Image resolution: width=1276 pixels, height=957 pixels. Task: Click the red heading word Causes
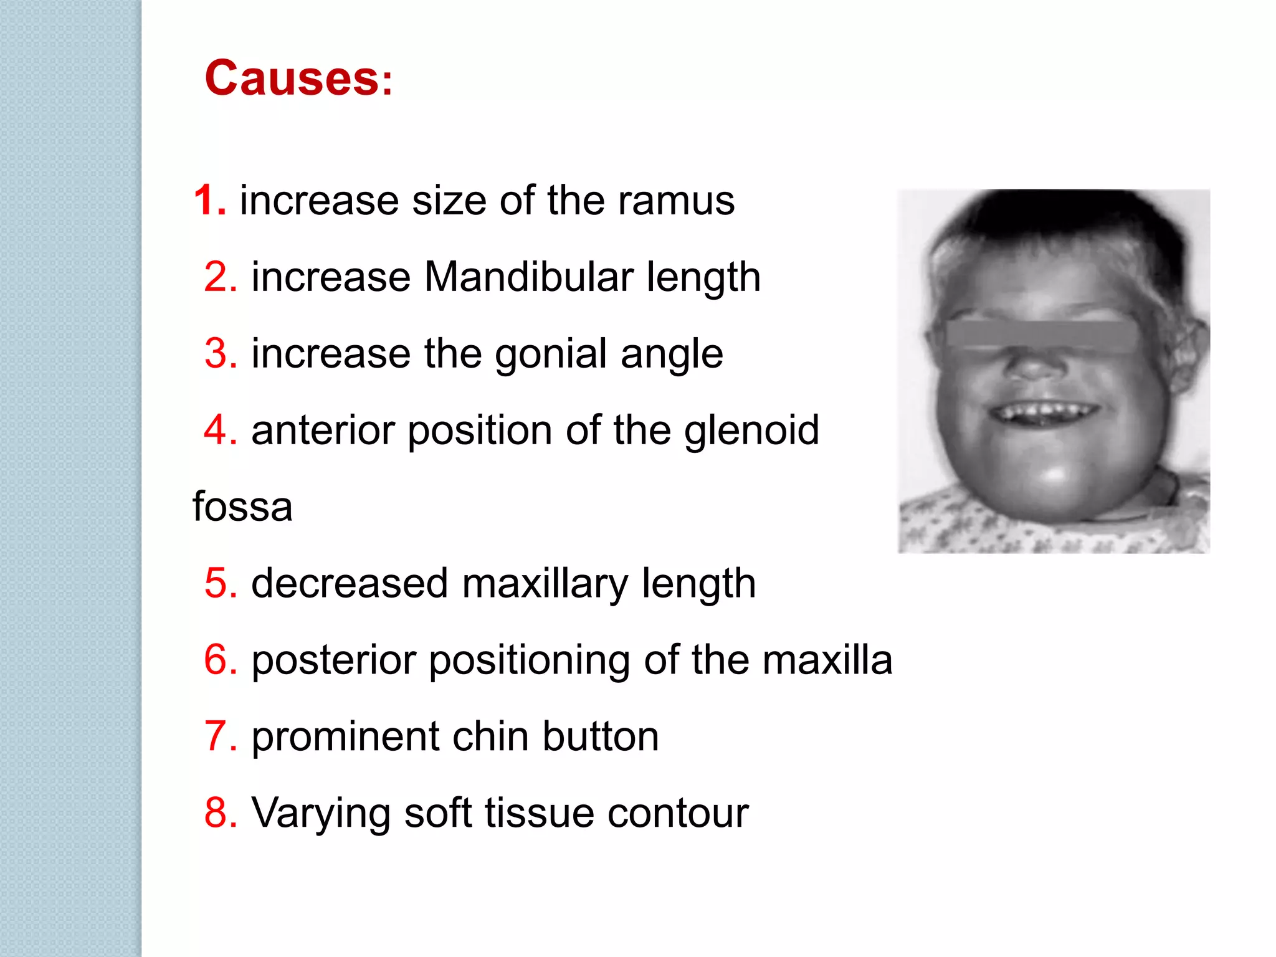[x=291, y=79]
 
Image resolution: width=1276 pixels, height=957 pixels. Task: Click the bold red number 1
[x=209, y=201]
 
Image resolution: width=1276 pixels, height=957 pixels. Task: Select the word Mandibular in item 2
[x=529, y=277]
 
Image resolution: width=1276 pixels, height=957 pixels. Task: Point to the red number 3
[x=221, y=354]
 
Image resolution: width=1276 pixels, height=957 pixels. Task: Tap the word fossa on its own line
[x=242, y=507]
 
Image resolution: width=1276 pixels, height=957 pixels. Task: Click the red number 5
[x=221, y=584]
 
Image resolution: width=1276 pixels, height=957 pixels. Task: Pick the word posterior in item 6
[x=334, y=660]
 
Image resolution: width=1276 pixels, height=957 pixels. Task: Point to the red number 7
[x=221, y=736]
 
